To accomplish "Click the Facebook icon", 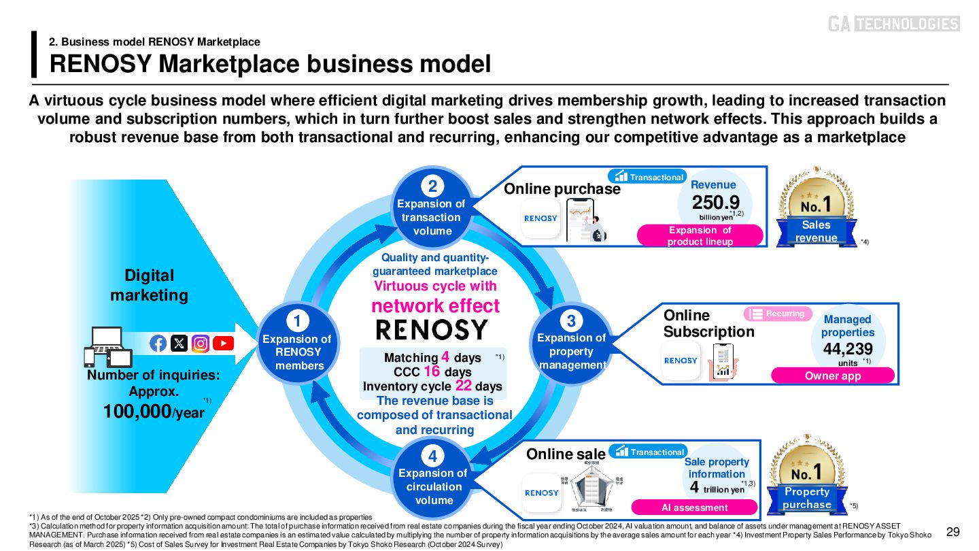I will (x=158, y=344).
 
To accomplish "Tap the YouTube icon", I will (x=223, y=344).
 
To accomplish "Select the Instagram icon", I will (x=201, y=344).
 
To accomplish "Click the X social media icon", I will (x=179, y=344).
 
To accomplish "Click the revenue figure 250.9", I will (x=716, y=203).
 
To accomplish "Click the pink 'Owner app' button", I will (x=832, y=375).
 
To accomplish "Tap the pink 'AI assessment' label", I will (x=694, y=507).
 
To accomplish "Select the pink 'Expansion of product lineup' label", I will (x=700, y=235).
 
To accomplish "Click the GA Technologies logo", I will (x=893, y=24).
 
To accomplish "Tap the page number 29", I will (x=953, y=531).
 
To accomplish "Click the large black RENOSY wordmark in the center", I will (x=432, y=330).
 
